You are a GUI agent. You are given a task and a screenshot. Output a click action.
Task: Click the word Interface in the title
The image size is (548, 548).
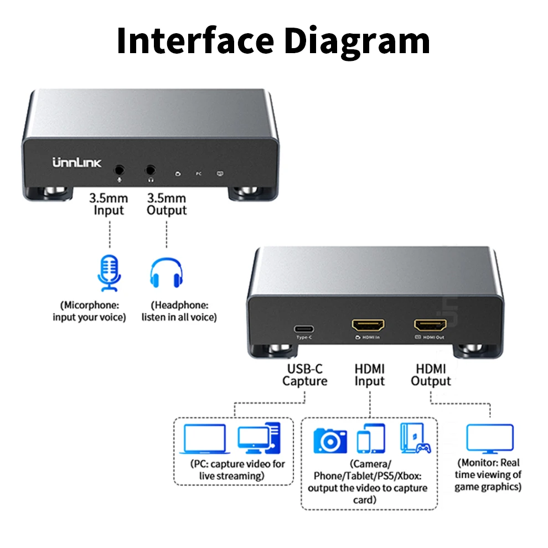click(x=195, y=40)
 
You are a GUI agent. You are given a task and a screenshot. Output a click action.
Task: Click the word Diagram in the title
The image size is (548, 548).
click(x=357, y=42)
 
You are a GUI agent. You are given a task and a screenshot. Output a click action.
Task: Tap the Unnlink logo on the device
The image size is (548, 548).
click(x=77, y=163)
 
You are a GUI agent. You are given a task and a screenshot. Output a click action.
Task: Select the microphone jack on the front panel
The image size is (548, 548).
click(x=120, y=170)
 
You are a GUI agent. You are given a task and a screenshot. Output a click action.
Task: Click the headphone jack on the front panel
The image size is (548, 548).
click(x=150, y=170)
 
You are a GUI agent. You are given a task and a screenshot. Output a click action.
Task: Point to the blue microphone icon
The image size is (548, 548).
click(x=110, y=273)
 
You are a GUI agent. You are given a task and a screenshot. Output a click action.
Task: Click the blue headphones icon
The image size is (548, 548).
click(x=167, y=272)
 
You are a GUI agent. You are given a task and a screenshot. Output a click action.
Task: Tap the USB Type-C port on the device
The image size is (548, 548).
click(x=304, y=329)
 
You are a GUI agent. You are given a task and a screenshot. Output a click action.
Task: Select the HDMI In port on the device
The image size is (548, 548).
click(x=368, y=325)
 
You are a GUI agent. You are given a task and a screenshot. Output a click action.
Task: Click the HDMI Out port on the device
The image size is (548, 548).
click(x=430, y=325)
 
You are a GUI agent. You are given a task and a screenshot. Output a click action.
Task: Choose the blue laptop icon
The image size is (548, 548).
click(x=205, y=439)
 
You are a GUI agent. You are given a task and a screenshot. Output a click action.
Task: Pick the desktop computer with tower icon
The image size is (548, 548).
click(x=259, y=438)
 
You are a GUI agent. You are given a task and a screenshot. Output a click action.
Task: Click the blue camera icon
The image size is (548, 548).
click(x=330, y=441)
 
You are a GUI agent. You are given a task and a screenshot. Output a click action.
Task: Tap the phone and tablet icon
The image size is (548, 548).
click(x=371, y=438)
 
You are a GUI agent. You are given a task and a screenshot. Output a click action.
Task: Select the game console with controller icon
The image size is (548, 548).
click(x=416, y=438)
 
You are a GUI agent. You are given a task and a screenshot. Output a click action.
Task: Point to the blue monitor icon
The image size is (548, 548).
click(x=490, y=439)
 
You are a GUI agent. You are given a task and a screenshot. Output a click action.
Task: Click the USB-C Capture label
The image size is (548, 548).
click(x=305, y=375)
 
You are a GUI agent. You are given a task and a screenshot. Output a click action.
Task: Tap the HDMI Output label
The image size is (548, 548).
click(x=431, y=375)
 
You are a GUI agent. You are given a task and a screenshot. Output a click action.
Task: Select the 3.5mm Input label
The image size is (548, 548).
click(x=108, y=204)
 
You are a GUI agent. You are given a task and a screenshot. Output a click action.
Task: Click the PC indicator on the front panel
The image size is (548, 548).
click(x=199, y=173)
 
